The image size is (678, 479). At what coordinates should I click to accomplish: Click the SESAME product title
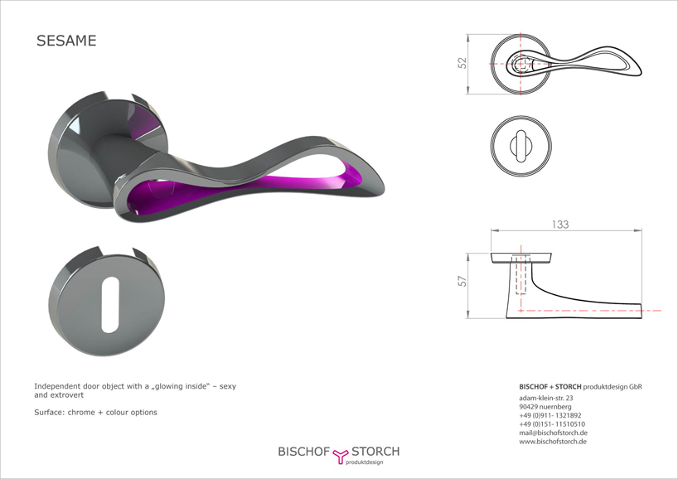(x=66, y=41)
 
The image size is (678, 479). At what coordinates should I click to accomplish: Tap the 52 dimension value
(x=462, y=63)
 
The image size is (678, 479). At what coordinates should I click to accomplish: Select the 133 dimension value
(x=560, y=225)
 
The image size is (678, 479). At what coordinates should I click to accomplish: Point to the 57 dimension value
(x=462, y=282)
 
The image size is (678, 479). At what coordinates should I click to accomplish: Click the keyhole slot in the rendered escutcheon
(x=109, y=305)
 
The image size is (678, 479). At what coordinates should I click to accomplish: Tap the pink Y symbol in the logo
(x=341, y=455)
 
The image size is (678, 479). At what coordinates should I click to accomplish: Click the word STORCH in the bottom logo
(x=375, y=452)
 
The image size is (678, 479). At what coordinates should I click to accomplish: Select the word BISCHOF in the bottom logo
(x=304, y=452)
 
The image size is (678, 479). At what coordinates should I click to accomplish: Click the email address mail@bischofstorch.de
(x=553, y=433)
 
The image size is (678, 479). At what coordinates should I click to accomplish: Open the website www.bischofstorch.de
(x=553, y=442)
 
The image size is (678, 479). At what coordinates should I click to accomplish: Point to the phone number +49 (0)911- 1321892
(x=550, y=415)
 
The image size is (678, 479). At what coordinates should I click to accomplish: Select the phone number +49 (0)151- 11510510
(x=552, y=424)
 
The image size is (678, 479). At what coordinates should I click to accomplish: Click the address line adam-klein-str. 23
(x=545, y=398)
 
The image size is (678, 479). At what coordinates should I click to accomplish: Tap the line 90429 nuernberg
(x=545, y=407)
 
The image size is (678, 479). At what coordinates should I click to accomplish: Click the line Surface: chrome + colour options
(x=95, y=413)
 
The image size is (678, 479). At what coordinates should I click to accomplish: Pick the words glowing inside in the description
(x=182, y=386)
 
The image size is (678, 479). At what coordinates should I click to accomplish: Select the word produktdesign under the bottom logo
(x=364, y=462)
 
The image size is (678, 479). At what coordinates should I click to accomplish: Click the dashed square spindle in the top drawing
(x=522, y=65)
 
